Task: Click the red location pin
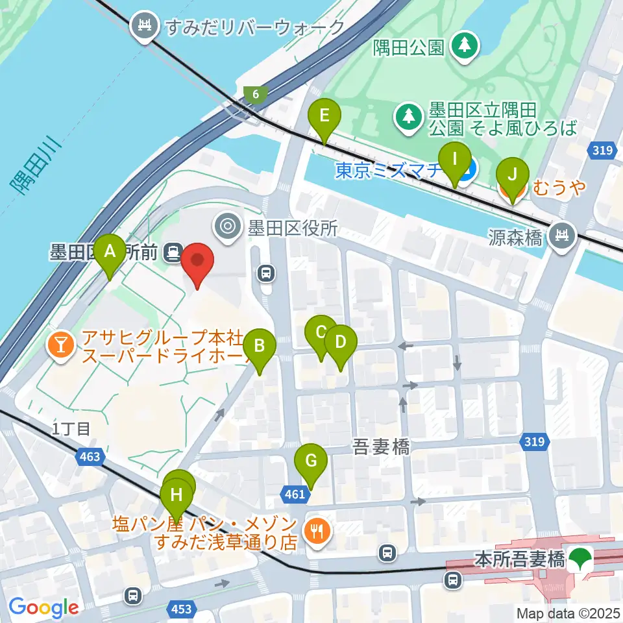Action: (197, 264)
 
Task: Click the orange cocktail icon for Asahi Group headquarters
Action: (61, 345)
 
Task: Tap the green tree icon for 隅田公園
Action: (465, 45)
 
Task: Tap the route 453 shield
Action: (182, 608)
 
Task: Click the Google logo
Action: (43, 608)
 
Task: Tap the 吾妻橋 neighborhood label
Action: (381, 446)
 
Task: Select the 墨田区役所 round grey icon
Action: (228, 226)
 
